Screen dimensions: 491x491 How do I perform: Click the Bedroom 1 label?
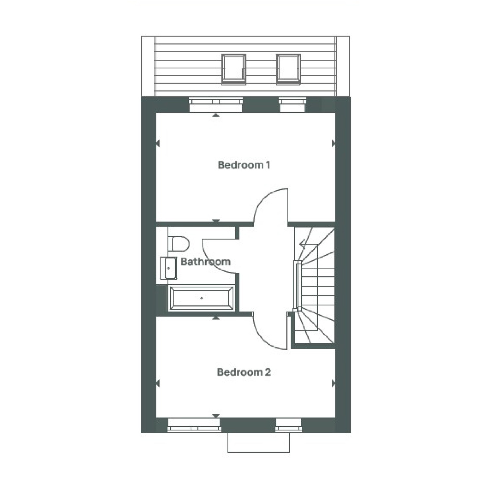click(244, 165)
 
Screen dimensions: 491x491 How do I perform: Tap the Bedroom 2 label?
click(244, 372)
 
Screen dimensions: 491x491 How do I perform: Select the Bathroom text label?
click(205, 261)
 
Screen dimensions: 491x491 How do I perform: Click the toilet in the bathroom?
click(179, 244)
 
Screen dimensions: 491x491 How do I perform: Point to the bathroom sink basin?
click(169, 268)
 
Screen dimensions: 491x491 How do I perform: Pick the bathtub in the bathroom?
click(201, 298)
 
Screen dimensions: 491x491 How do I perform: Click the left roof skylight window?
click(233, 69)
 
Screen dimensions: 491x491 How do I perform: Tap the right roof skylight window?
click(288, 69)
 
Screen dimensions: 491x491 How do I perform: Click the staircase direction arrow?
click(303, 243)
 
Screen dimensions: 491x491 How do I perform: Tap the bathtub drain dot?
click(201, 298)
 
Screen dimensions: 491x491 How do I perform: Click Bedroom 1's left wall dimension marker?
click(158, 143)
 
